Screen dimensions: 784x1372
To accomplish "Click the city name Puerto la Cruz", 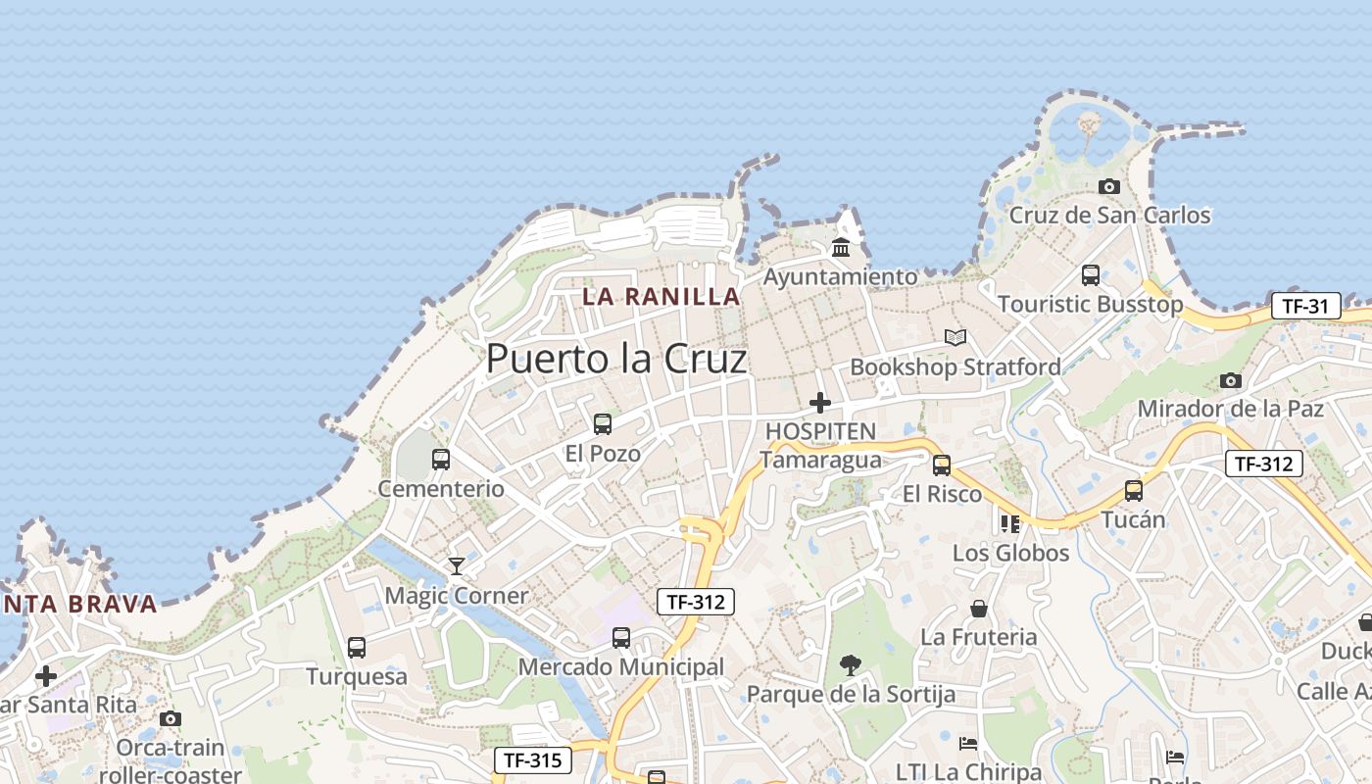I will (x=616, y=359).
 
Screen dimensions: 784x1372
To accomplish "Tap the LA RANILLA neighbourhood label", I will (x=661, y=296).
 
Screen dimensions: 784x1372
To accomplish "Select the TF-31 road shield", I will (x=1305, y=306).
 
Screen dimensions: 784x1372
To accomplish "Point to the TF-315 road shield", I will (x=532, y=759).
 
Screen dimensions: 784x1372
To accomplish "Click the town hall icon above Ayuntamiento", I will (x=841, y=247).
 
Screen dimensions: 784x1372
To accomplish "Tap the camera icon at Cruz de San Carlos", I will (x=1109, y=186).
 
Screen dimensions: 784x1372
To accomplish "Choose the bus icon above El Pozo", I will (x=603, y=423).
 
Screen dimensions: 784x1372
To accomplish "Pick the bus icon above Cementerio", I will (x=441, y=459).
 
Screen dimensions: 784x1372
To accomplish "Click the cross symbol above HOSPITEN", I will (x=820, y=402).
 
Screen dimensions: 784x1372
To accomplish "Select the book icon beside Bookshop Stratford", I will (x=955, y=337).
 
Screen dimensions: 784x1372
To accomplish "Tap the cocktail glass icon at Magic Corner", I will (x=456, y=565).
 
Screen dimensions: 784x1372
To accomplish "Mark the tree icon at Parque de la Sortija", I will (x=850, y=665).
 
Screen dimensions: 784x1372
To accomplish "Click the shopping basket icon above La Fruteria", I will (x=978, y=609).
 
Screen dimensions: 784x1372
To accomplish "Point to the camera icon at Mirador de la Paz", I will (x=1231, y=379).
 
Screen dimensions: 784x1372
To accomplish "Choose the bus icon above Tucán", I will (x=1134, y=490).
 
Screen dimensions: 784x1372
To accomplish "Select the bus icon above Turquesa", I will (x=357, y=647).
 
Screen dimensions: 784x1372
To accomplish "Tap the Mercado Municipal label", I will (x=621, y=667).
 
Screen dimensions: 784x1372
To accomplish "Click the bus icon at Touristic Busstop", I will (x=1091, y=274).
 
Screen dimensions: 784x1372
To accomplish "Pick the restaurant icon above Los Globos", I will (x=1010, y=523).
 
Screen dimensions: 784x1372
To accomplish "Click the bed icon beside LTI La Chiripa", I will (x=968, y=743).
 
